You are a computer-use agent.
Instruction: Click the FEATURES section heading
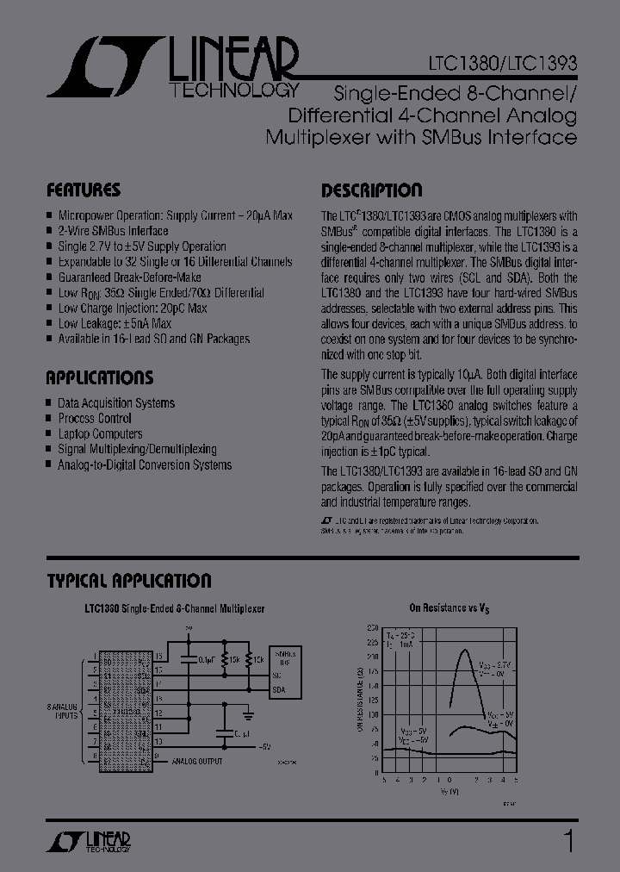(x=84, y=190)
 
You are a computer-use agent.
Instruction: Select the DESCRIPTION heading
(x=371, y=190)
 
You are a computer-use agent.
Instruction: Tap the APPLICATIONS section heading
(x=100, y=377)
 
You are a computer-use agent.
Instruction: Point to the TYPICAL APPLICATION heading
(x=129, y=581)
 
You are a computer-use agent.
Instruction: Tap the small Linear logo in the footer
(x=87, y=842)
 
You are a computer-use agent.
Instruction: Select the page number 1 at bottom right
(x=567, y=840)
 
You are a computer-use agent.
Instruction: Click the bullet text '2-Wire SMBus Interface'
(x=113, y=231)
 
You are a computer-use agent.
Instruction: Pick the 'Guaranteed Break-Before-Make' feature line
(x=129, y=277)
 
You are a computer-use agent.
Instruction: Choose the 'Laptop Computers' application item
(x=100, y=434)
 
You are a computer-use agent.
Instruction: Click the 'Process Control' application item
(x=95, y=419)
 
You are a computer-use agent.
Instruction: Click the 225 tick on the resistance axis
(x=372, y=642)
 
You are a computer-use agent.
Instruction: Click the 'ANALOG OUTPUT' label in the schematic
(x=196, y=761)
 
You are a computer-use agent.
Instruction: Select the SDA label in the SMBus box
(x=278, y=690)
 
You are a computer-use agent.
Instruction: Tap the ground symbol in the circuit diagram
(x=248, y=714)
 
